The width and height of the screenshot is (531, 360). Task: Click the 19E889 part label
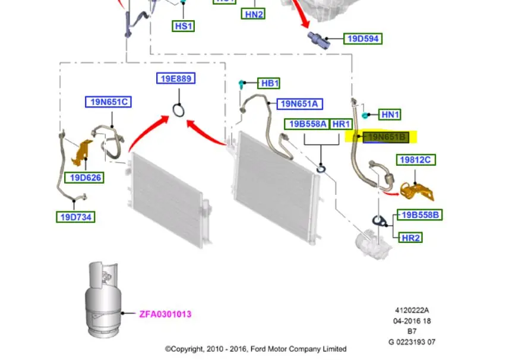(176, 78)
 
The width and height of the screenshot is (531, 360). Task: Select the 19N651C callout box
(108, 102)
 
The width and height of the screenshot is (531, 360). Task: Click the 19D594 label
(364, 39)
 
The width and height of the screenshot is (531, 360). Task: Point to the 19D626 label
(86, 177)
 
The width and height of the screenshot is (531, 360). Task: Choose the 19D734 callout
(76, 217)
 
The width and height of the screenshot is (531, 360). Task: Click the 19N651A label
(300, 104)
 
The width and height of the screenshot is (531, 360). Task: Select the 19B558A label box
(307, 124)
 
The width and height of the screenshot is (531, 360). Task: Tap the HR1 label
(341, 124)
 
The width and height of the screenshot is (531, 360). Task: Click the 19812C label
(416, 160)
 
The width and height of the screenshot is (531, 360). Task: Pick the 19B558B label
(420, 214)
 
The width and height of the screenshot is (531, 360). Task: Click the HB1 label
(270, 83)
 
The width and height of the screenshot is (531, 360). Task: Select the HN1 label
(390, 115)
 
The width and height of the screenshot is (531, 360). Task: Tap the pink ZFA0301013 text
(165, 314)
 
